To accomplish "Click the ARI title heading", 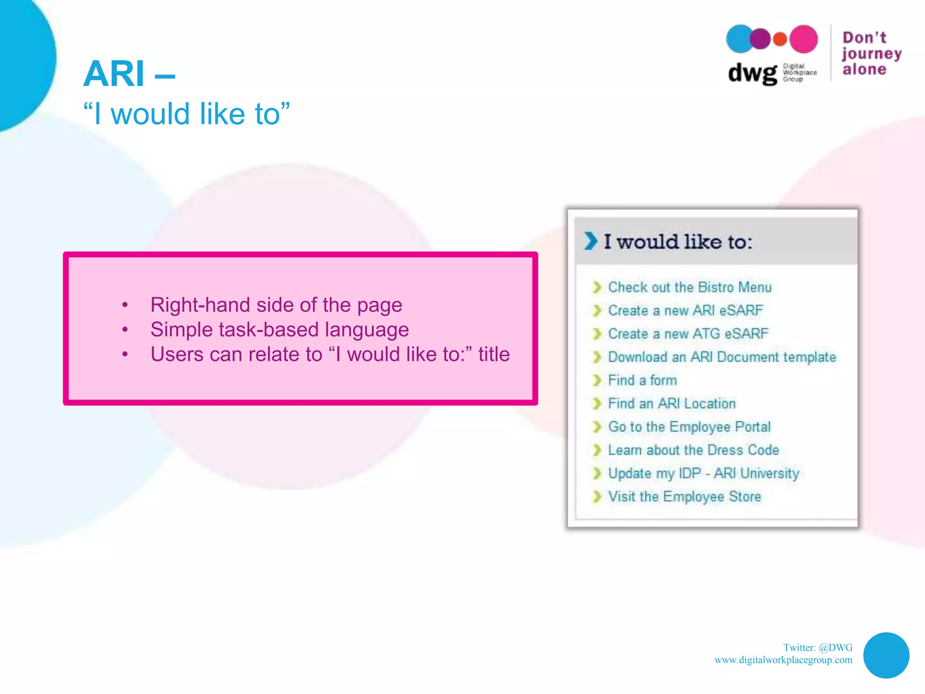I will tap(129, 74).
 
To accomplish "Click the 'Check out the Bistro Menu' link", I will tap(689, 287).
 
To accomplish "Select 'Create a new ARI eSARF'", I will tap(685, 311).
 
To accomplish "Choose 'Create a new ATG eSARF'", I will tap(687, 334).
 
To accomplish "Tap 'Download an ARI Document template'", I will tap(722, 357).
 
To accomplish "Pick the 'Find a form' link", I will tap(642, 380).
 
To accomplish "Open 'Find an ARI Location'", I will tap(672, 403).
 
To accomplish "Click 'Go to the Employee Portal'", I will tap(689, 427).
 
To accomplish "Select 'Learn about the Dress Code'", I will tap(693, 450).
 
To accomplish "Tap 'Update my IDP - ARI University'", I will tap(703, 474).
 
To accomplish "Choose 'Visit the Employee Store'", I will tap(684, 497).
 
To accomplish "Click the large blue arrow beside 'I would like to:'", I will tap(590, 241).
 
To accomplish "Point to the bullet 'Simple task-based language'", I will tap(279, 329).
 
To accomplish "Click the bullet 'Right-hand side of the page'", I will tap(276, 305).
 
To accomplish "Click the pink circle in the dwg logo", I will tap(804, 39).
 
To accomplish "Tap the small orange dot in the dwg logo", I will tap(780, 39).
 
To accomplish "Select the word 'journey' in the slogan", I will tap(872, 54).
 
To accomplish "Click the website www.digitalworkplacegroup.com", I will tap(783, 660).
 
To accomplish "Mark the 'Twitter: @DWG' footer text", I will tap(818, 647).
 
